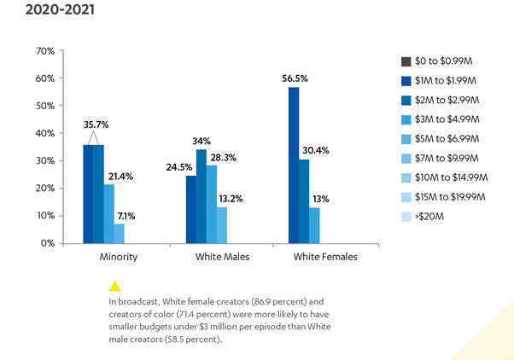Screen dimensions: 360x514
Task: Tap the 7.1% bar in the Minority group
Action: pos(119,233)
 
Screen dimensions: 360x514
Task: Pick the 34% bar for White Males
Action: pos(202,196)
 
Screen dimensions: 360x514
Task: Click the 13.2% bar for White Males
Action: pos(222,224)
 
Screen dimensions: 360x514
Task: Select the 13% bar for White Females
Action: pos(314,225)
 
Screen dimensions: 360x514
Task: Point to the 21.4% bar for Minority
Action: pos(108,213)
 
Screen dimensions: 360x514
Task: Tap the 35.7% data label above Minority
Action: pos(95,125)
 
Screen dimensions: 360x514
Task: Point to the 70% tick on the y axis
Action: pos(44,51)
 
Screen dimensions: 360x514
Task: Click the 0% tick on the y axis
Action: pos(47,243)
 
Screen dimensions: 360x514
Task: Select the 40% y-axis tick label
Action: pos(44,133)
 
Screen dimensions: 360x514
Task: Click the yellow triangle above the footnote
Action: pos(114,286)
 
